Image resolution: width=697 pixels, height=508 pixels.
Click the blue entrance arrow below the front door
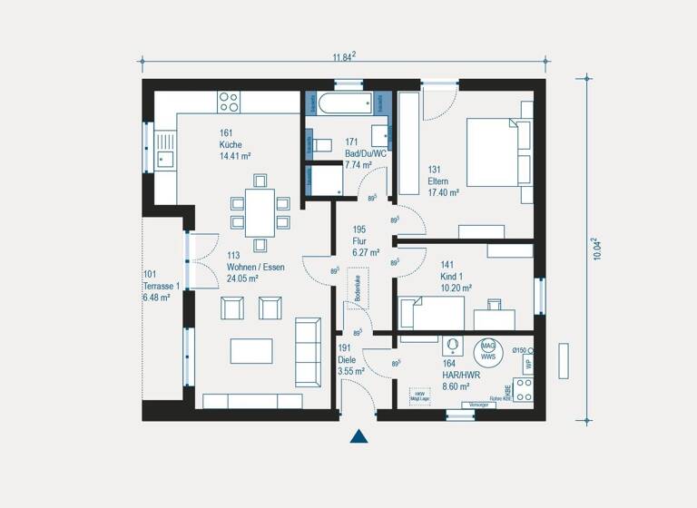pyautogui.click(x=359, y=436)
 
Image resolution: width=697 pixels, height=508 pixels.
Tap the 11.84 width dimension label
pyautogui.click(x=343, y=57)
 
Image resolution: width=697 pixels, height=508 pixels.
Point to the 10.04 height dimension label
pyautogui.click(x=596, y=249)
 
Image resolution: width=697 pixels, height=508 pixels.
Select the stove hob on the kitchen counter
pyautogui.click(x=229, y=101)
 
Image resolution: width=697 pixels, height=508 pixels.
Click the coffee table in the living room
pyautogui.click(x=251, y=350)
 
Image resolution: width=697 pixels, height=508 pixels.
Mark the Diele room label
pyautogui.click(x=347, y=359)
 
